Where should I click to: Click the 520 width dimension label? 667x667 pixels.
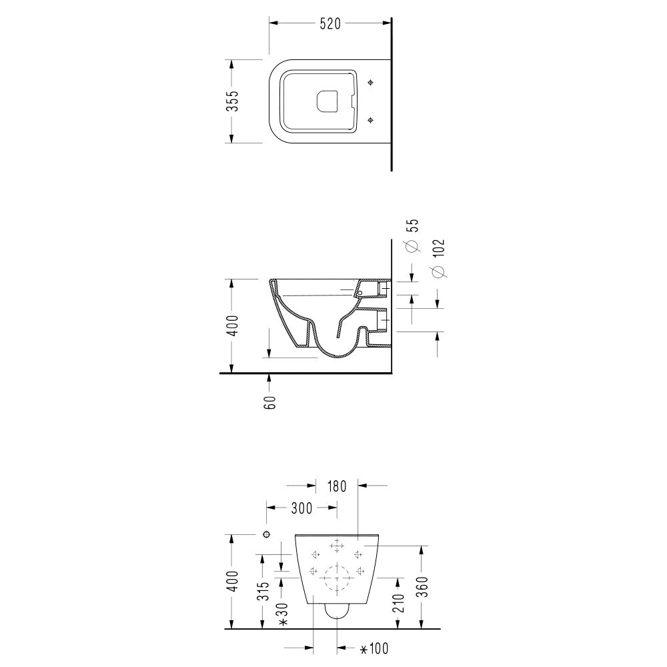tap(331, 24)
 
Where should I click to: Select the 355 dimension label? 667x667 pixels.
tap(232, 101)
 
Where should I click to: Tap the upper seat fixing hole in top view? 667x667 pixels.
tap(371, 82)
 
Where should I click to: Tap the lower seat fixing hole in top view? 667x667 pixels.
tap(371, 121)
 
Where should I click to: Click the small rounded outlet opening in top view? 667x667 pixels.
tap(327, 101)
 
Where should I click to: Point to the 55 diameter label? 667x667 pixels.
tap(413, 225)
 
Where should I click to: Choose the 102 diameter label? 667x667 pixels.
tap(438, 248)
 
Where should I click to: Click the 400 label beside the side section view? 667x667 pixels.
tap(232, 325)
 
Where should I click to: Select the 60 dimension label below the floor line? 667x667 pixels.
tap(269, 402)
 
